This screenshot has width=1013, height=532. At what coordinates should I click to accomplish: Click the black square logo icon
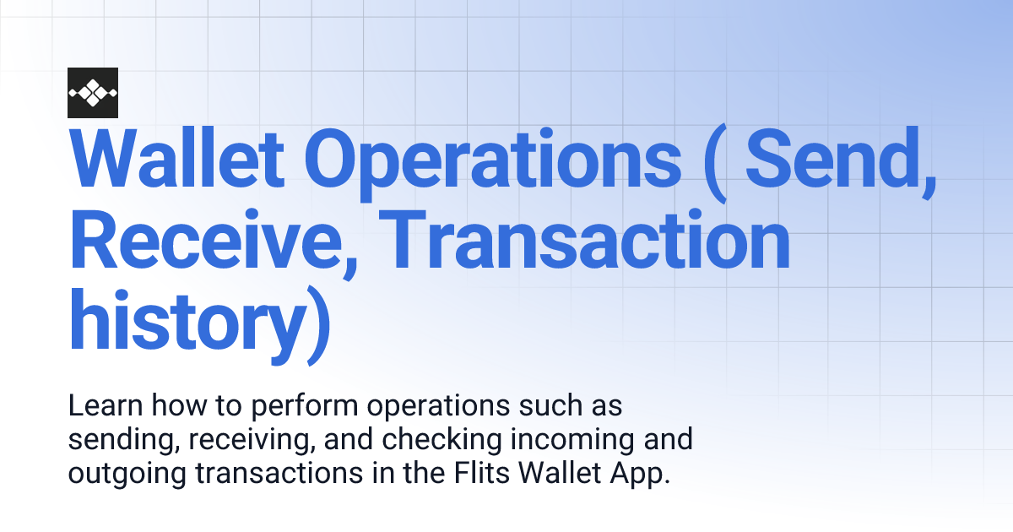(93, 92)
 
